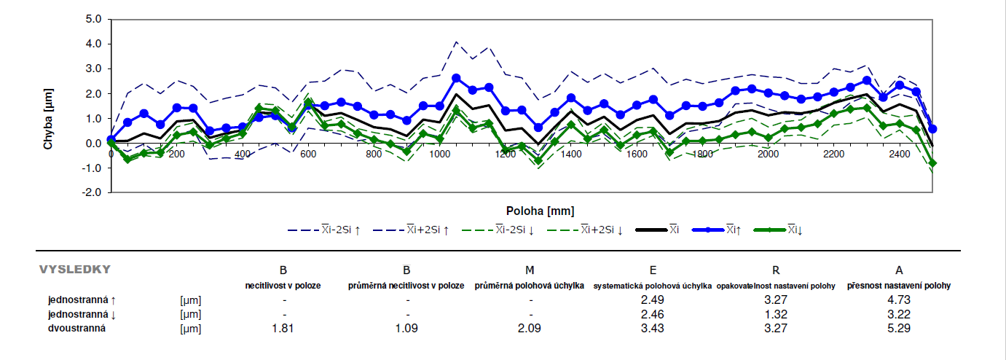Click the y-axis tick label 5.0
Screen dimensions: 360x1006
(93, 19)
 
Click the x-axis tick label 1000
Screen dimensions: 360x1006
(439, 154)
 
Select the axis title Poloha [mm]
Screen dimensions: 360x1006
(541, 211)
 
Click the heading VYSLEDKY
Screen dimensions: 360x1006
(74, 270)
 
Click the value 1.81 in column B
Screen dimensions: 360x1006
(283, 329)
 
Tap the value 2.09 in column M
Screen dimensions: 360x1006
(530, 329)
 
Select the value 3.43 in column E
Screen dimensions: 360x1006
(653, 329)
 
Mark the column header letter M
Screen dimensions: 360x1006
(530, 270)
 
